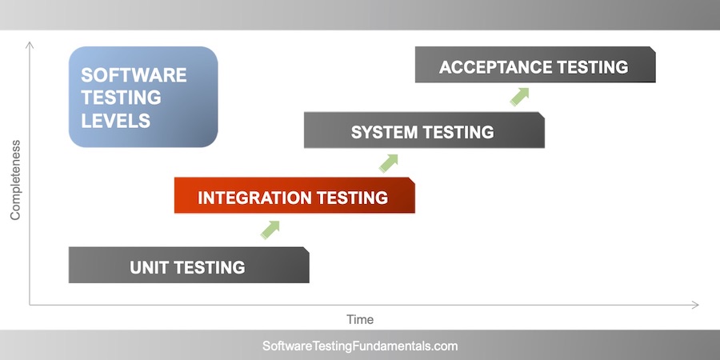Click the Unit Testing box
(x=189, y=266)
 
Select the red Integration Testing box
(x=294, y=196)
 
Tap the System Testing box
(x=424, y=131)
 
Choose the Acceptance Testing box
(x=535, y=66)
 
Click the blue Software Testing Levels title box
(x=143, y=97)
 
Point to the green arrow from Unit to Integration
(x=270, y=230)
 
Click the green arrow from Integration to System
(x=389, y=162)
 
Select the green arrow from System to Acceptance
(x=520, y=97)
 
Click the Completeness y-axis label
(x=14, y=180)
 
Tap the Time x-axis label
(x=360, y=319)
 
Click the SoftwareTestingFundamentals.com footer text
(x=360, y=346)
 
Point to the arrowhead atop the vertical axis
(x=30, y=44)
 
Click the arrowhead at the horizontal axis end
(x=694, y=305)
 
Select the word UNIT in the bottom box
(x=150, y=267)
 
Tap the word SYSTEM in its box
(x=381, y=132)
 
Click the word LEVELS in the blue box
(x=116, y=121)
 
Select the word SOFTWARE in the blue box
(x=134, y=75)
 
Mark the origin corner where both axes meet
(x=30, y=305)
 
